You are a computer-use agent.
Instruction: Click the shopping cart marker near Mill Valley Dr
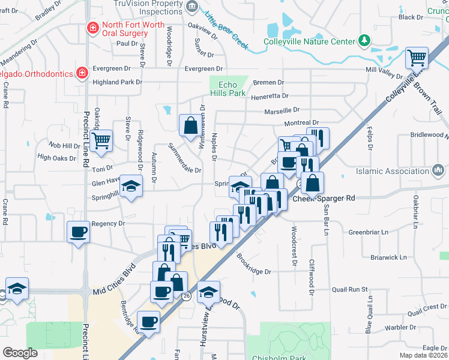(x=417, y=58)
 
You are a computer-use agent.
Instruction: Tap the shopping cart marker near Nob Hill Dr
(x=101, y=140)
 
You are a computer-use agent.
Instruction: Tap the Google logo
(x=20, y=353)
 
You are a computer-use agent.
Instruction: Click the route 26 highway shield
(x=187, y=296)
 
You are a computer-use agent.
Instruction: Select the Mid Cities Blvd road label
(x=114, y=282)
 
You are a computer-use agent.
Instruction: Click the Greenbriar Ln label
(x=369, y=231)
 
